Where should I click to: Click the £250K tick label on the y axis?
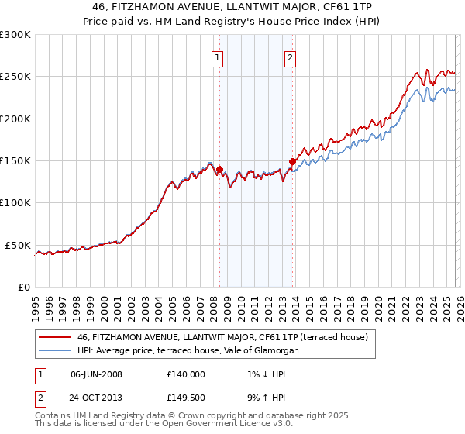[x=15, y=77]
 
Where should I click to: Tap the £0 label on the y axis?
[x=23, y=287]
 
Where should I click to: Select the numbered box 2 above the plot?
[x=290, y=57]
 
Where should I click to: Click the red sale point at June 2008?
[x=219, y=169]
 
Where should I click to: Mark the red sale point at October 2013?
[x=293, y=161]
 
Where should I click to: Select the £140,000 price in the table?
[x=187, y=374]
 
